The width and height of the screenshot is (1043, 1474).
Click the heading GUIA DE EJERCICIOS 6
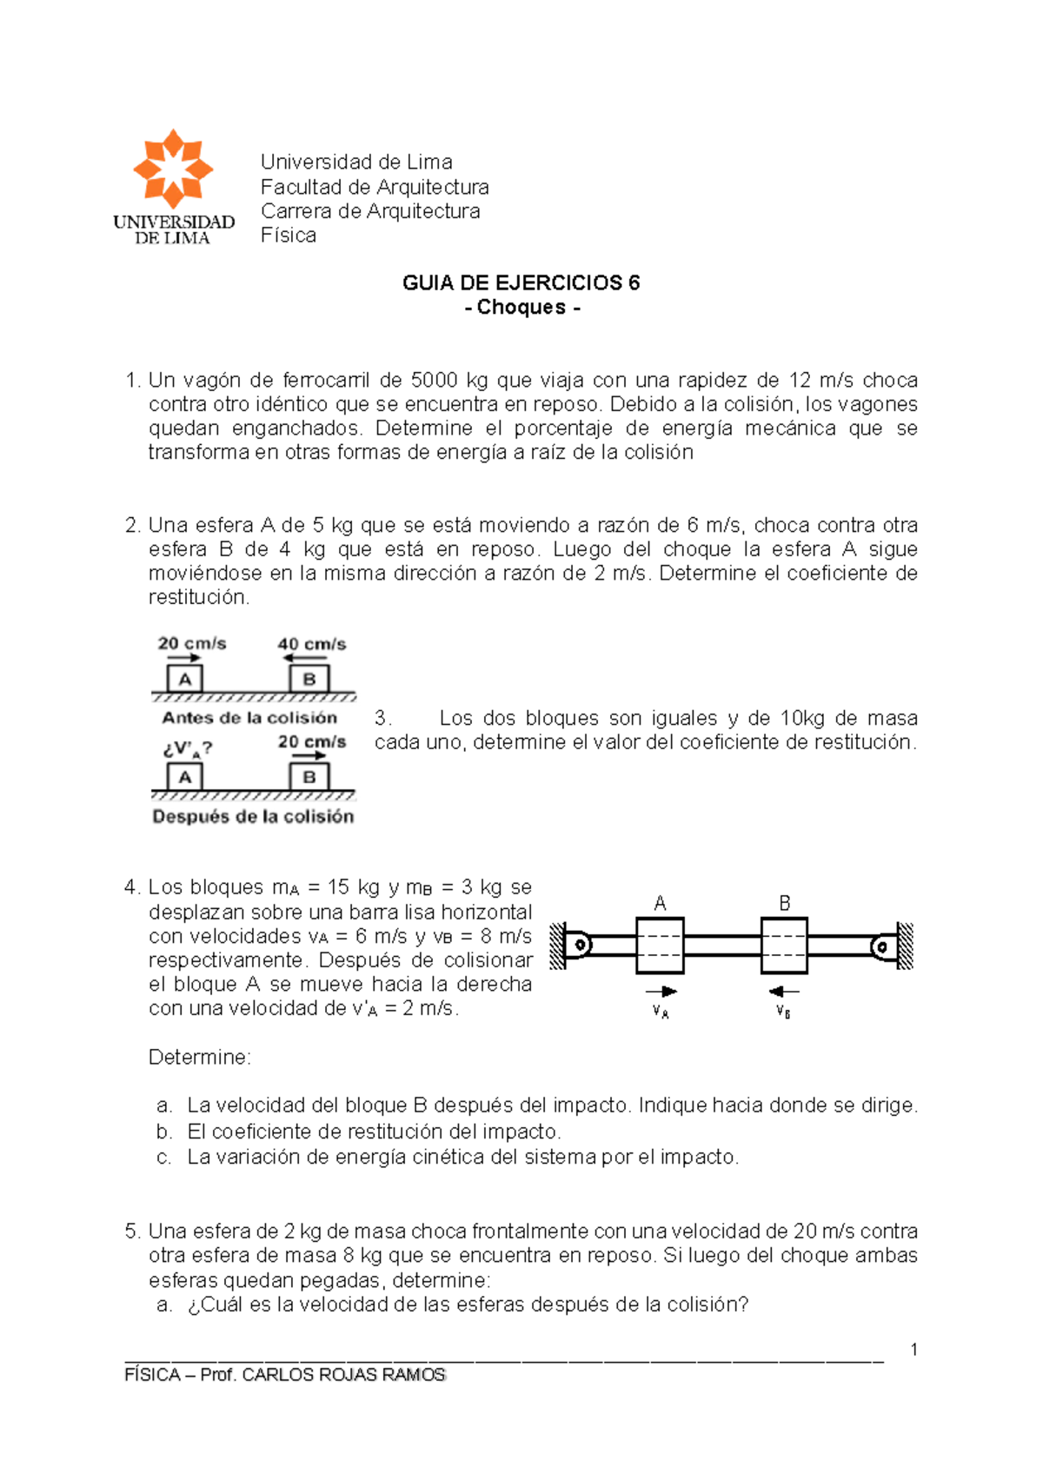pyautogui.click(x=521, y=282)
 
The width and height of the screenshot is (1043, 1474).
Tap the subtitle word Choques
pyautogui.click(x=521, y=307)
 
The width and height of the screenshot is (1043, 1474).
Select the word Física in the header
pyautogui.click(x=289, y=236)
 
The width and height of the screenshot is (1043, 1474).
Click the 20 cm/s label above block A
pyautogui.click(x=192, y=644)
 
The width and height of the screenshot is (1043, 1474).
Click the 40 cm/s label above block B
pyautogui.click(x=311, y=644)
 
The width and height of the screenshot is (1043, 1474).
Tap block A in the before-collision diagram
pyautogui.click(x=185, y=679)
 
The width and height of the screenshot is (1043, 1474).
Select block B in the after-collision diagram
pyautogui.click(x=309, y=777)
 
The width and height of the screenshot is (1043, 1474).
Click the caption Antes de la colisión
pyautogui.click(x=249, y=718)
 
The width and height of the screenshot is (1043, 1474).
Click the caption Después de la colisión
pyautogui.click(x=253, y=816)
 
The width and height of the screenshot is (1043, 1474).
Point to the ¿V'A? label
pyautogui.click(x=187, y=748)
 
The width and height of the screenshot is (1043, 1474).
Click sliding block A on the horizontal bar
pyautogui.click(x=660, y=945)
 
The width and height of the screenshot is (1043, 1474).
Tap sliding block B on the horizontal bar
pyautogui.click(x=784, y=945)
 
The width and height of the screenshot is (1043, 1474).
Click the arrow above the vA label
pyautogui.click(x=661, y=991)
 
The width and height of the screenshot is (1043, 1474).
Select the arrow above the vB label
pyautogui.click(x=784, y=991)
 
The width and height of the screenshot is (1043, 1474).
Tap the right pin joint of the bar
pyautogui.click(x=883, y=946)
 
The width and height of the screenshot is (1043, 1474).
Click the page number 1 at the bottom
pyautogui.click(x=913, y=1349)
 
